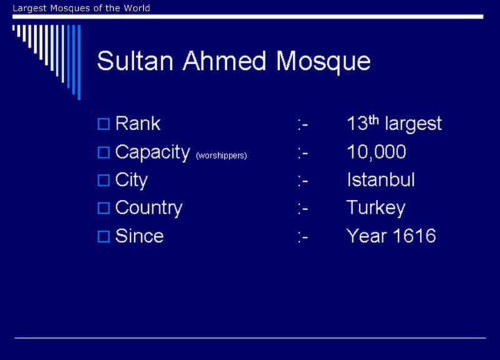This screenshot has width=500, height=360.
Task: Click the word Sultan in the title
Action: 135,61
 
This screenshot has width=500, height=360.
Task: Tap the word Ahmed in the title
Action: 224,61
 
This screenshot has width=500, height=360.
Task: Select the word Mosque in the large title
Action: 323,62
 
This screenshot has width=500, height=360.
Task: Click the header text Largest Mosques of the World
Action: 81,8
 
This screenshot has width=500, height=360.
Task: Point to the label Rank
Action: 137,123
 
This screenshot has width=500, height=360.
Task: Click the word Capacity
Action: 152,152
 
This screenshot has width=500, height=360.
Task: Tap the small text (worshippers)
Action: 222,156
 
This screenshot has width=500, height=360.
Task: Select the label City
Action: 131,181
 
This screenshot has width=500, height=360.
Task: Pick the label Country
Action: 149,209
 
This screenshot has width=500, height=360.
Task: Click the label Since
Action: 139,236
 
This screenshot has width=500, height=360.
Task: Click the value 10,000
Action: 376,152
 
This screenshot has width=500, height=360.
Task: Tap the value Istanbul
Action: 381,180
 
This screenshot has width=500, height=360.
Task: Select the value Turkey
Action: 376,209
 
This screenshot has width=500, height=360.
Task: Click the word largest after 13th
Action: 413,124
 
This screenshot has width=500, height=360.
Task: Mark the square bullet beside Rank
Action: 104,124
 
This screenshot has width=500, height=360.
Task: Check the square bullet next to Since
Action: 104,237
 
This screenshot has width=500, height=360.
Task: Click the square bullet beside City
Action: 104,181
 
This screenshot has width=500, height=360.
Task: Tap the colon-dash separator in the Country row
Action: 303,209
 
